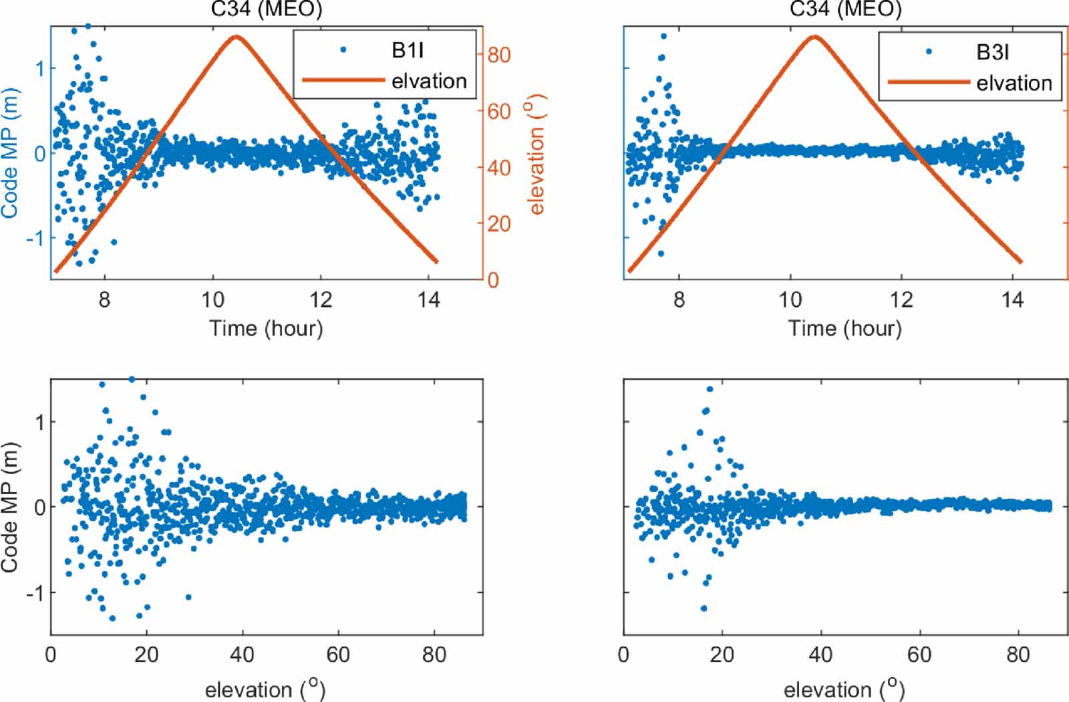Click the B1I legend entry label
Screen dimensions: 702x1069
(x=408, y=50)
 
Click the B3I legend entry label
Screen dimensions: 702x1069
(x=992, y=52)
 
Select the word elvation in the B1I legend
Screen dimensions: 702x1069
(x=429, y=81)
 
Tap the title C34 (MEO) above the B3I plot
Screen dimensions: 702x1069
(x=845, y=9)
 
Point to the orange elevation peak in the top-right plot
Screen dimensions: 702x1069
(x=814, y=37)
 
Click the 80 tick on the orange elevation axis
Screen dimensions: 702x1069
(x=498, y=55)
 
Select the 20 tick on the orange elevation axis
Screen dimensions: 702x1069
(x=498, y=224)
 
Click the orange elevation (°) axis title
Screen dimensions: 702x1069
(x=537, y=154)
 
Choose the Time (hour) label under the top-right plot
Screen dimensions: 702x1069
(x=845, y=328)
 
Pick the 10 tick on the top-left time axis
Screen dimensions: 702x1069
(x=212, y=300)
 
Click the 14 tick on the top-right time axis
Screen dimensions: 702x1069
(x=1012, y=300)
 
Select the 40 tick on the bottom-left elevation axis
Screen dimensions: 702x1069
(x=242, y=655)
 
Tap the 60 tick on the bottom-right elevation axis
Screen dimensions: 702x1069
(x=919, y=655)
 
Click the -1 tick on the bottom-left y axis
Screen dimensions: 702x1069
(x=35, y=593)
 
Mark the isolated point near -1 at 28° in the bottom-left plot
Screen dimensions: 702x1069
(x=188, y=597)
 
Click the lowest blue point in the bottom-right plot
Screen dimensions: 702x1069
(x=704, y=608)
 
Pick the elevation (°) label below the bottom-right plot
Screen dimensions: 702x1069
(x=844, y=689)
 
